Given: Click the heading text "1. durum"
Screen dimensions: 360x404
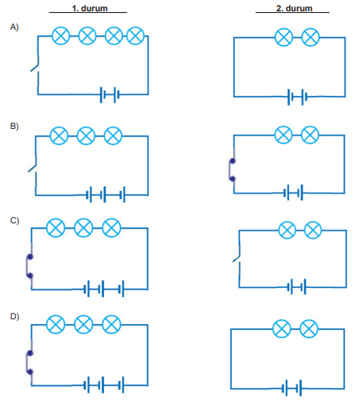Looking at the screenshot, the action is coord(90,8).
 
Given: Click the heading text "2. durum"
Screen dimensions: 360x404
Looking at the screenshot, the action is coord(294,8).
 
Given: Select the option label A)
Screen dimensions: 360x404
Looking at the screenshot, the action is coord(15,27).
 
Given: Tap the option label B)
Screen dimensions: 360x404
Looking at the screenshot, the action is coord(15,126).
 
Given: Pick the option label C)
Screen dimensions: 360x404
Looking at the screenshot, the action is coord(15,221).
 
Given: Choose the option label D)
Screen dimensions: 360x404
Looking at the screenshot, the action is coord(15,317).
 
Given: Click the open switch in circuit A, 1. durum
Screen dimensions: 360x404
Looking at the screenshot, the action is coord(36,64).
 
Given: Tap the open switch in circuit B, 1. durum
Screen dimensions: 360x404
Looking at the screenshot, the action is coord(33,165).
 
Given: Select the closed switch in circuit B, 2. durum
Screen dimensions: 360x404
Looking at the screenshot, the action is coord(232,170).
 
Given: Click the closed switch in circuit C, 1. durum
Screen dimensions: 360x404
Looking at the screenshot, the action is coord(29,266).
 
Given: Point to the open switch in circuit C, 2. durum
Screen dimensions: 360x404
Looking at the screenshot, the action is coord(237,255).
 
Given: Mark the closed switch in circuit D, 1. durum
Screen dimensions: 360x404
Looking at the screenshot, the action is coord(29,363).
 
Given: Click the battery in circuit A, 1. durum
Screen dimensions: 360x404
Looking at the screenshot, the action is coord(109,94).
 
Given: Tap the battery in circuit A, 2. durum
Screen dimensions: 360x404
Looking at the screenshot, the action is coord(297,97).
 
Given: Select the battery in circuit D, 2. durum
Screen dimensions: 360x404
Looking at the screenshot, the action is coord(292,388).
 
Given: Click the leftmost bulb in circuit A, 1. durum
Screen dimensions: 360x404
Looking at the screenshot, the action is coord(61,35).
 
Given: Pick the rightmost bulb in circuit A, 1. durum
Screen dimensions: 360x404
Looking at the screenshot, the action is coord(136,35).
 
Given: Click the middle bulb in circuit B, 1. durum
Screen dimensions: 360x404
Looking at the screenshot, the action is coord(86,135).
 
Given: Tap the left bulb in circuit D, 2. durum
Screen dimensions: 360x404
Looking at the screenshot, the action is coord(282,329).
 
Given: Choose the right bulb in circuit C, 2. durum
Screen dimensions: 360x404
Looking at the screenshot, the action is coord(313,230).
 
